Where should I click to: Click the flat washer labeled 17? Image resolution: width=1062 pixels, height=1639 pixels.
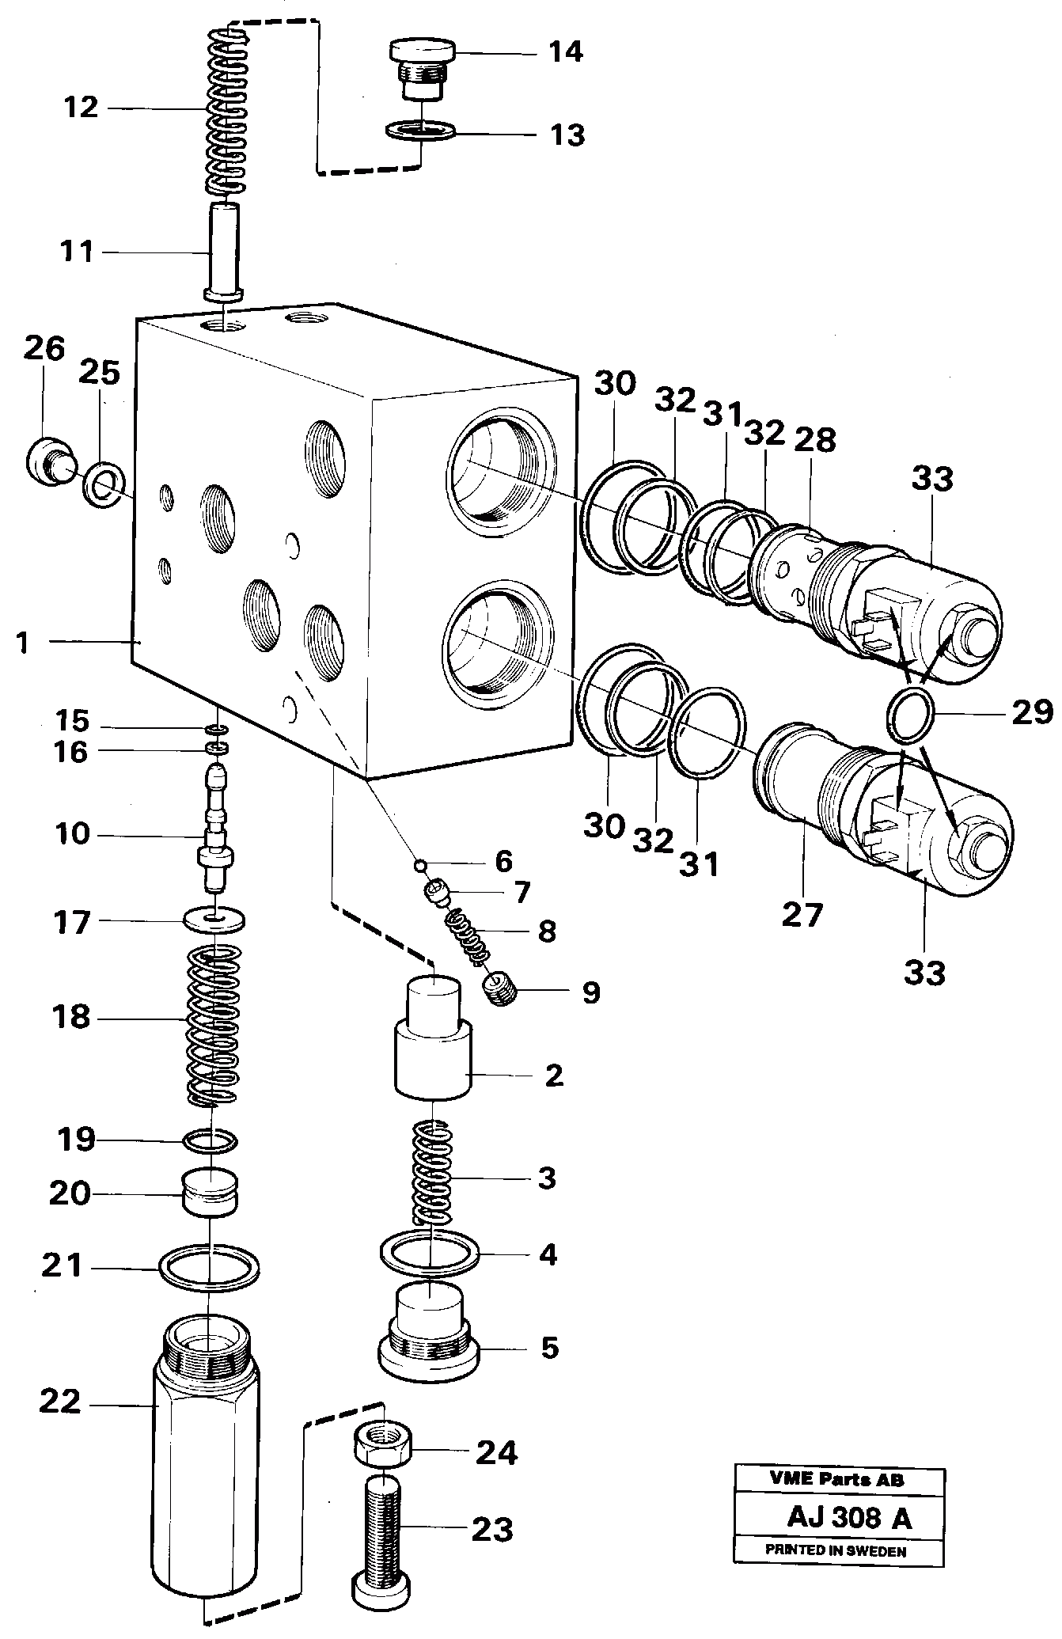tap(214, 920)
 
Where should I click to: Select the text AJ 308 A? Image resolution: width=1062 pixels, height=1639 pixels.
tap(848, 1518)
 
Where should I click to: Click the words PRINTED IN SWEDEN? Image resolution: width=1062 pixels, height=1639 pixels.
tap(836, 1551)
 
